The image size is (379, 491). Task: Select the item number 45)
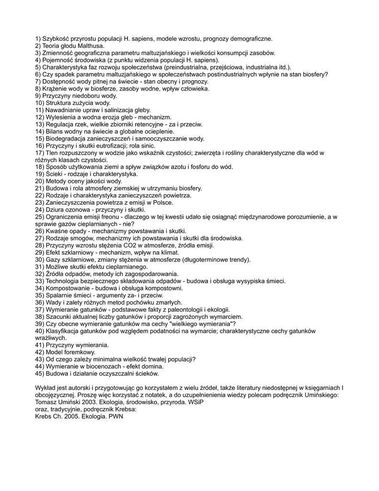point(40,374)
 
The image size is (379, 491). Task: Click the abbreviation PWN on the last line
point(115,416)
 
